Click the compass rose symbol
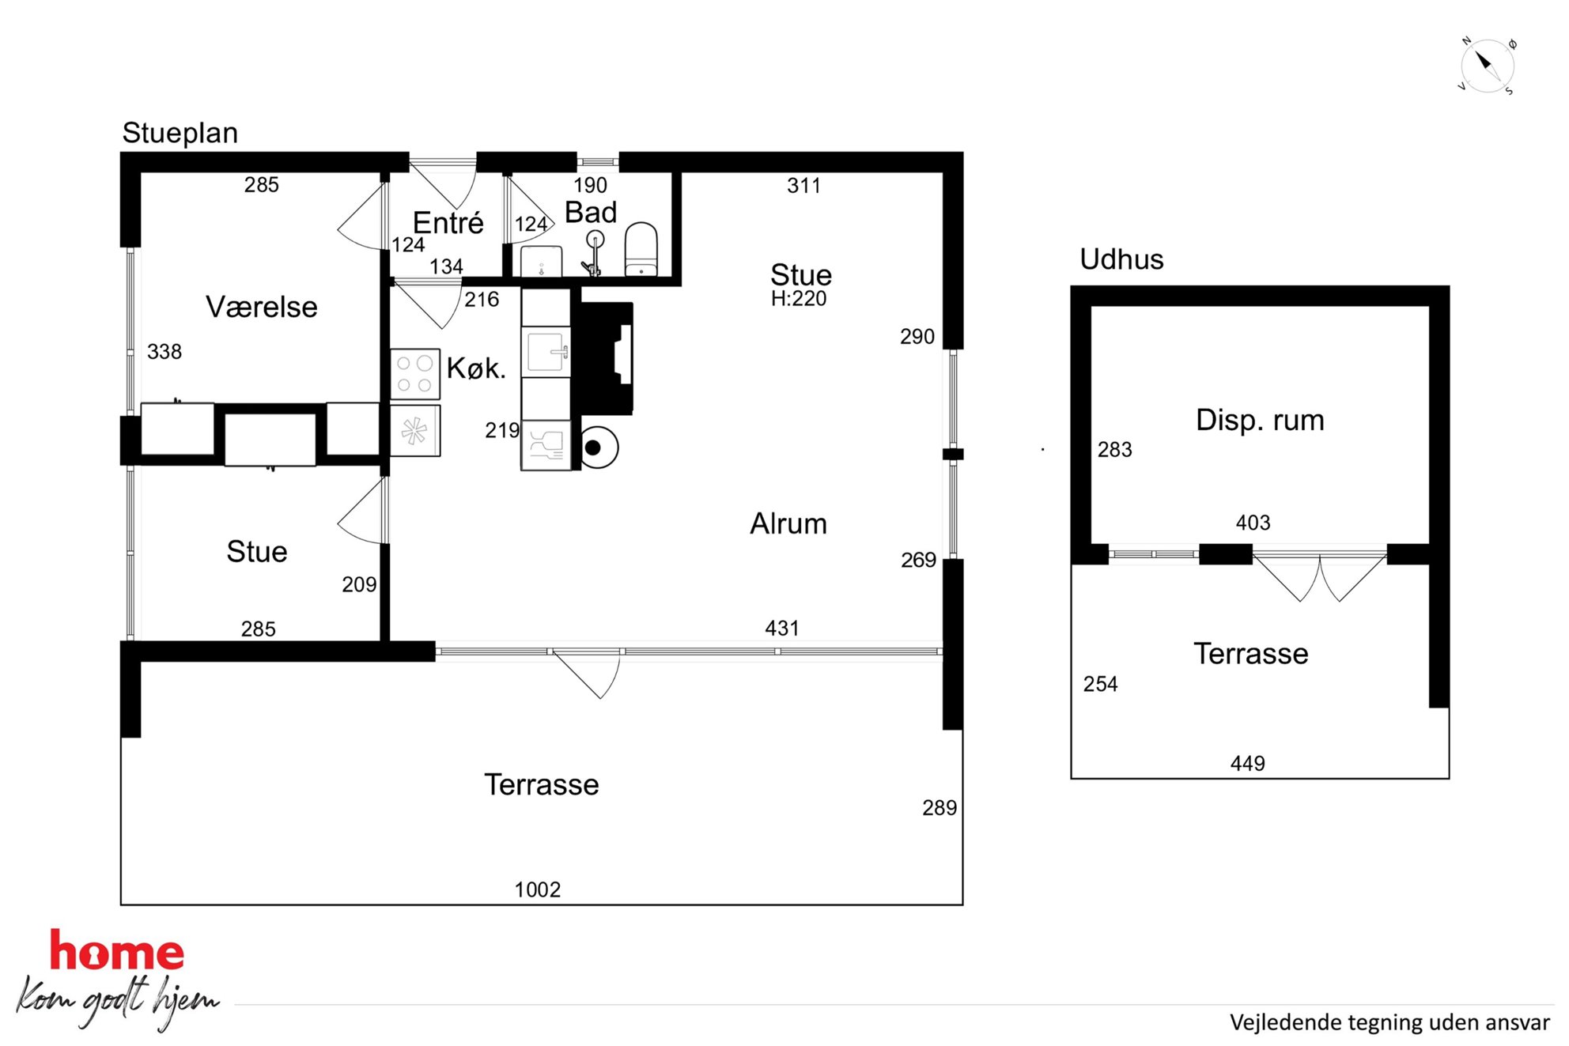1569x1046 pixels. [x=1487, y=66]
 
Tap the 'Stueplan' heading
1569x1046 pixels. [x=180, y=134]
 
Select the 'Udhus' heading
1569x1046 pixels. [x=1121, y=259]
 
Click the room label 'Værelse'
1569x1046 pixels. [x=261, y=307]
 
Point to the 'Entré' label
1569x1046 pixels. [x=448, y=223]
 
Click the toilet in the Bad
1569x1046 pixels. [x=641, y=249]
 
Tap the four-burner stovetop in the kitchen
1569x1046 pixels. [x=415, y=374]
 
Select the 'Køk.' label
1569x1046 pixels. [x=475, y=368]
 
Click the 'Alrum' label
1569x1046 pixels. [x=788, y=523]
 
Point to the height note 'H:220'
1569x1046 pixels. [x=799, y=299]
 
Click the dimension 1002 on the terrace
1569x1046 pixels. [x=538, y=889]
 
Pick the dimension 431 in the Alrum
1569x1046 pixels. [x=782, y=629]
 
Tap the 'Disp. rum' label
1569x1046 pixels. [x=1260, y=420]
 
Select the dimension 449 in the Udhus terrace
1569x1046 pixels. [x=1248, y=763]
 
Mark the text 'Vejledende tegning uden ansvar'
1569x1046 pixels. [x=1389, y=1022]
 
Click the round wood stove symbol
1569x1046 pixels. [x=598, y=447]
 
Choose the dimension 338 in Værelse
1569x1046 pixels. [x=164, y=352]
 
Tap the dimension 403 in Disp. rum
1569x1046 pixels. [x=1253, y=523]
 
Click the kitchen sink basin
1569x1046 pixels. [x=546, y=352]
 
